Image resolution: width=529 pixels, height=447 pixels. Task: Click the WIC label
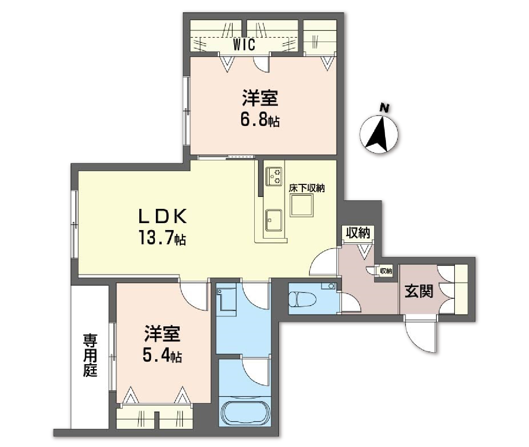pyautogui.click(x=244, y=45)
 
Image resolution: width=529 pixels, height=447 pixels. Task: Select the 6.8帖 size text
pyautogui.click(x=260, y=121)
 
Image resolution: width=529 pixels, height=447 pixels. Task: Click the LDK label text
pyautogui.click(x=163, y=217)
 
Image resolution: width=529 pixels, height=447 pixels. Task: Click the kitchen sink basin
pyautogui.click(x=273, y=220)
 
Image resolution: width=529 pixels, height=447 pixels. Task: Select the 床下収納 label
pyautogui.click(x=307, y=188)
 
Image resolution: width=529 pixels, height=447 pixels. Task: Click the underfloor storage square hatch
pyautogui.click(x=302, y=205)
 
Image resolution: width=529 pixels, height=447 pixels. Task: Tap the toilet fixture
pyautogui.click(x=303, y=299)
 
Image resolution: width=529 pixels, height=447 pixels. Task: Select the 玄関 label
pyautogui.click(x=418, y=291)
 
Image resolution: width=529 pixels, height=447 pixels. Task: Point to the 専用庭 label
pyautogui.click(x=90, y=355)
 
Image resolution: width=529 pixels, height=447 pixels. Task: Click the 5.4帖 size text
pyautogui.click(x=162, y=356)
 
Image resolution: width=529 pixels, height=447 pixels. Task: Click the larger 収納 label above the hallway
pyautogui.click(x=358, y=233)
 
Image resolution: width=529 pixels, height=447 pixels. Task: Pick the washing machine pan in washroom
pyautogui.click(x=226, y=302)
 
